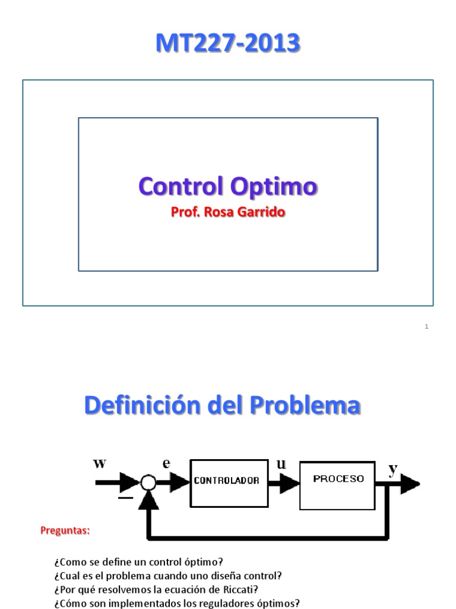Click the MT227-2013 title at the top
click(227, 44)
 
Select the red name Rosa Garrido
click(244, 212)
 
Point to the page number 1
click(427, 326)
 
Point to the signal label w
click(100, 463)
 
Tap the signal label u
click(281, 464)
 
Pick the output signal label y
click(392, 470)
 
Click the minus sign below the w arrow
click(125, 498)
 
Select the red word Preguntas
click(65, 530)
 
